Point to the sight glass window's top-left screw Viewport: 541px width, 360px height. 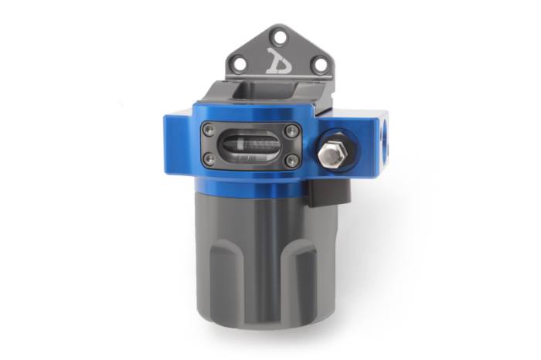pos(209,132)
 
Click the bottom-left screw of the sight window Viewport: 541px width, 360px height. pos(209,159)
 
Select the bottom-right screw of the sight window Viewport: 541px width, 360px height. pos(291,160)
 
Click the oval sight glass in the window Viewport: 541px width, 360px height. pos(250,145)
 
